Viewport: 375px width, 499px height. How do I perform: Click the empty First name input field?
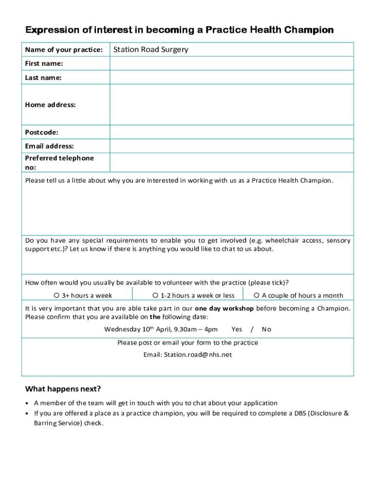(x=231, y=63)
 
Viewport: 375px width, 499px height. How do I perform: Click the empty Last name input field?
(x=231, y=77)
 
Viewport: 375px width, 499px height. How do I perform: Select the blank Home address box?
(x=231, y=105)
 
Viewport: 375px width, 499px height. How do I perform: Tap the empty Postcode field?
(x=231, y=133)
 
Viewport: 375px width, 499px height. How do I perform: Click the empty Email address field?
(x=231, y=146)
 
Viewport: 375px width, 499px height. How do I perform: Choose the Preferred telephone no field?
(x=231, y=162)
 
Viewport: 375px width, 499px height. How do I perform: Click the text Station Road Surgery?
(x=150, y=50)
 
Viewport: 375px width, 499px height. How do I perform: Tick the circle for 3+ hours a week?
(x=56, y=295)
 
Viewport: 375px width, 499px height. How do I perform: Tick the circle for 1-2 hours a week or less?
(x=155, y=295)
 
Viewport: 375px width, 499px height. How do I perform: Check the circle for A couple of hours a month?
(x=256, y=295)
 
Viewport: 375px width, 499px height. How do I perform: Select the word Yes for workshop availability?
(x=237, y=329)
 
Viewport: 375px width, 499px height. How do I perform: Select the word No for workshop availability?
(x=266, y=329)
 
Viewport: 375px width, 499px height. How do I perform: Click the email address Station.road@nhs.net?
(x=187, y=355)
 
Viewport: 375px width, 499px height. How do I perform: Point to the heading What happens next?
(x=63, y=389)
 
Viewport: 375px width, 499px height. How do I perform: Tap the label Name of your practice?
(x=64, y=50)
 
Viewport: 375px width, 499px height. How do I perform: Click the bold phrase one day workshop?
(x=224, y=308)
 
